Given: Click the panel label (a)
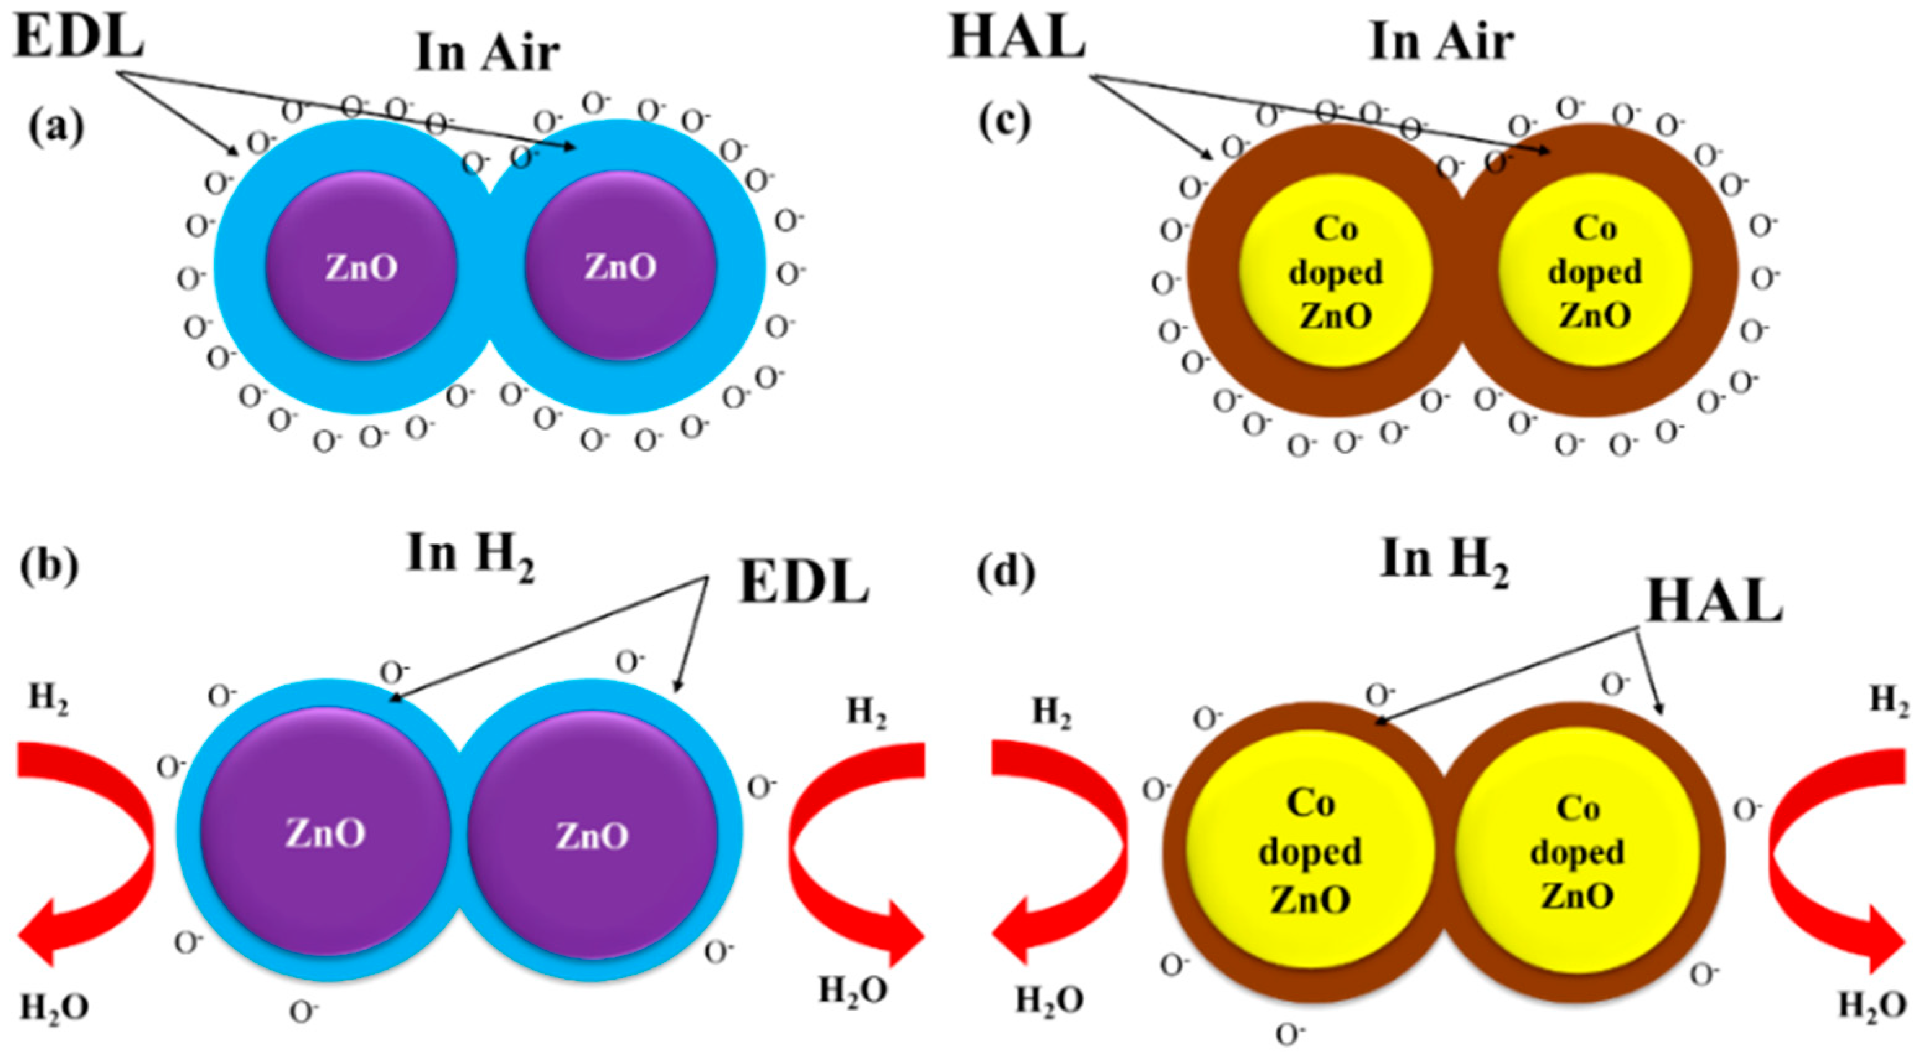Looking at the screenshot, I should point(56,128).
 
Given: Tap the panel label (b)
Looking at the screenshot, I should point(49,568).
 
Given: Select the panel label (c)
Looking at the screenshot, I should point(1004,123).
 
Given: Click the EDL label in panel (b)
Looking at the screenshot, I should point(804,583).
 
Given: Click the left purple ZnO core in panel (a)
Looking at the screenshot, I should point(361,266).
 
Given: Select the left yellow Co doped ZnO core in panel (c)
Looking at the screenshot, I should point(1335,271).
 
